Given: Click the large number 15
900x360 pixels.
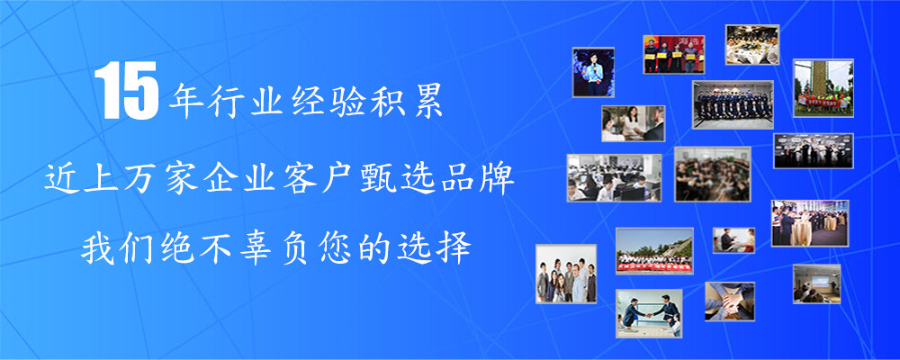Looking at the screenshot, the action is click(x=126, y=91).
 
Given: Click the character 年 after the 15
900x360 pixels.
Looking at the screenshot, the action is click(x=184, y=101).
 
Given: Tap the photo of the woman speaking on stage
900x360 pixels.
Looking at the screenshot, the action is click(x=593, y=72).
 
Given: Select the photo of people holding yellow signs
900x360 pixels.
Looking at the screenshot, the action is click(x=674, y=55).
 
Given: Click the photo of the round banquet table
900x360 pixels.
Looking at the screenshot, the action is click(x=752, y=44).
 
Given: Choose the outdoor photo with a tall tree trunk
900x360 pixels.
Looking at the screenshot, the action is click(x=823, y=88).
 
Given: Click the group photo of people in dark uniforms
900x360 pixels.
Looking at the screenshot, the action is click(x=733, y=104).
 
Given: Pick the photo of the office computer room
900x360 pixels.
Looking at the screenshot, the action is click(x=614, y=177).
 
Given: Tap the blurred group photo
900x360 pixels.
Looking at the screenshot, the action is click(x=712, y=174).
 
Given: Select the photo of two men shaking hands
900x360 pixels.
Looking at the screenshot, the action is click(x=649, y=313).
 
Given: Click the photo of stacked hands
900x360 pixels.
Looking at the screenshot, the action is click(x=730, y=301).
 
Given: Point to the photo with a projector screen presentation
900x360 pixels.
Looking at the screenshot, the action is click(x=817, y=283).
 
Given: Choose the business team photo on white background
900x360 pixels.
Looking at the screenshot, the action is click(x=566, y=274).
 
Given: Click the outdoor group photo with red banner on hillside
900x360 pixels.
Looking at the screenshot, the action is click(x=654, y=251).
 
